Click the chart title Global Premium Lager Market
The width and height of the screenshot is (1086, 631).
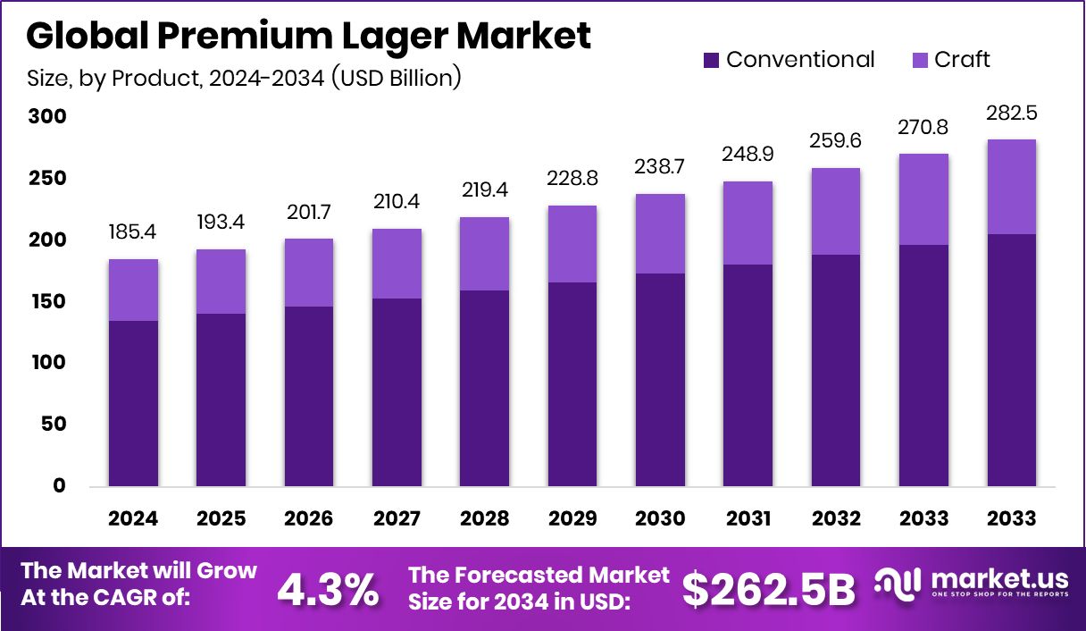tap(308, 36)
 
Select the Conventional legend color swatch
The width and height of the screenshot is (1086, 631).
tap(711, 60)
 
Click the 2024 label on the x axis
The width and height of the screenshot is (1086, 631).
tap(133, 518)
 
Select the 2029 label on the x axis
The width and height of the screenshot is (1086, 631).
tap(572, 518)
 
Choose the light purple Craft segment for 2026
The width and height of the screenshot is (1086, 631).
tap(309, 273)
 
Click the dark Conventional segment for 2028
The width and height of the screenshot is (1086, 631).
tap(485, 389)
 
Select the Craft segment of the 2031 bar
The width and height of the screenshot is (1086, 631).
tap(748, 223)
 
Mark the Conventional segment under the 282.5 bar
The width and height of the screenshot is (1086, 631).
tap(1011, 360)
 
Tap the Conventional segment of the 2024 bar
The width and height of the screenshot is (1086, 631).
tap(133, 404)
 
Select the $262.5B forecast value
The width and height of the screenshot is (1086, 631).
tap(769, 589)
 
